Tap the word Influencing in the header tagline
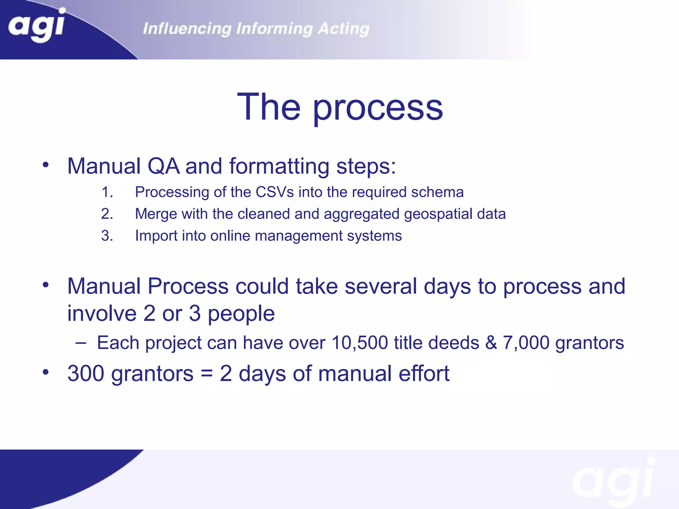(187, 29)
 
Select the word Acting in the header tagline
(343, 29)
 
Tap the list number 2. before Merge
(107, 214)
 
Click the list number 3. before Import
(107, 236)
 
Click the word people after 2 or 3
(241, 313)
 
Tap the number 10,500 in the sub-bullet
(359, 343)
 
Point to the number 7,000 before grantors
(526, 343)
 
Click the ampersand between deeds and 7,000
(491, 343)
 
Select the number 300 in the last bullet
(86, 373)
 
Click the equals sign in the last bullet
(206, 373)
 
